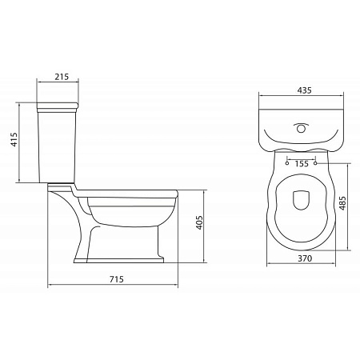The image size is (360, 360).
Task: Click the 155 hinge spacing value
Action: point(302,164)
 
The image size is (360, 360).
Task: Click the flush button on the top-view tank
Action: point(301,127)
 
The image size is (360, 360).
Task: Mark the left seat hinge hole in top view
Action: point(286,163)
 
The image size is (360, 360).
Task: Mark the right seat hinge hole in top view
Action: point(316,163)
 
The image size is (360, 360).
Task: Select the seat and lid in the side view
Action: point(128,193)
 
